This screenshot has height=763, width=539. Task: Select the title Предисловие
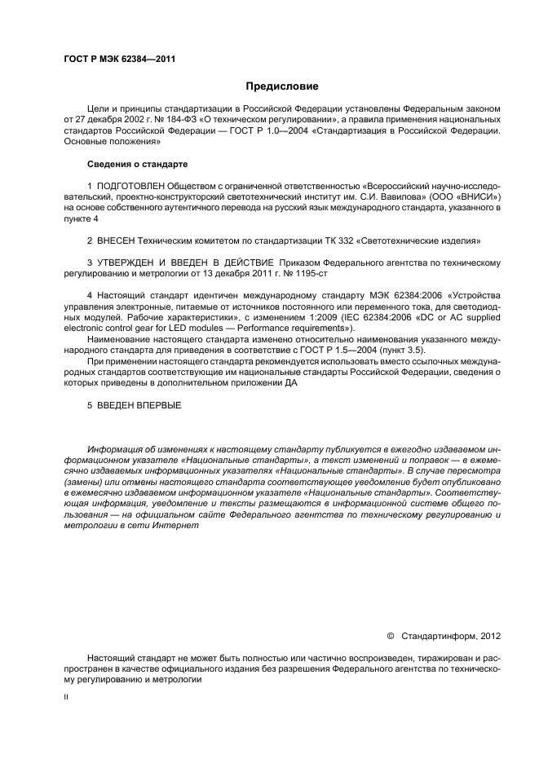(x=281, y=86)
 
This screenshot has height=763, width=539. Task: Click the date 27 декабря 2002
(x=108, y=118)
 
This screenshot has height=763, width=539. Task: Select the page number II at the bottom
(x=66, y=697)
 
